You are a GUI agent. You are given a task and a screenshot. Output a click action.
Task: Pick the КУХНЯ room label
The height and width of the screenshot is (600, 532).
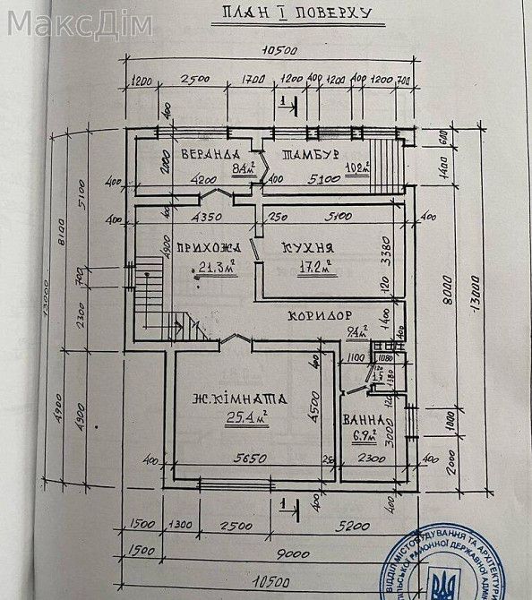[307, 248]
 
